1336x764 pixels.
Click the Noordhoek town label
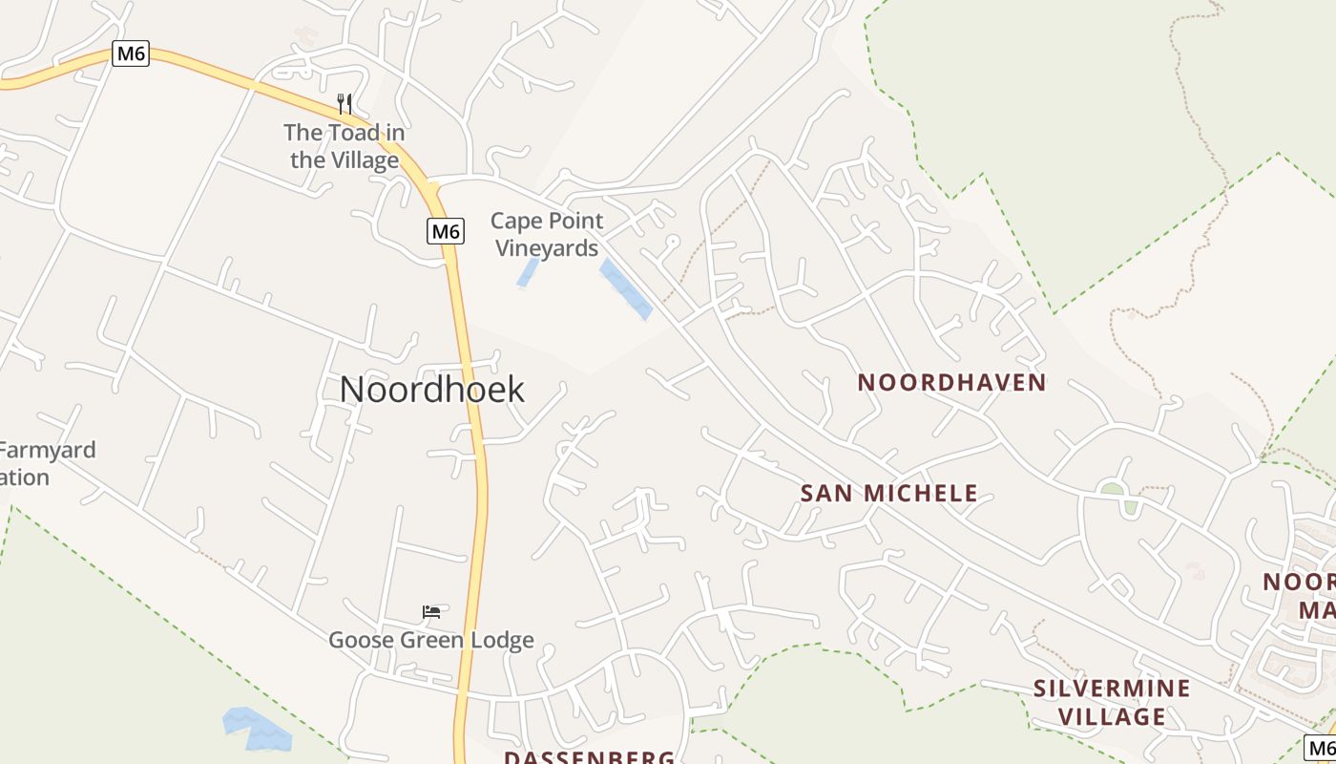431,390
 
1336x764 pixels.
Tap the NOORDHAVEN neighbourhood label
951,383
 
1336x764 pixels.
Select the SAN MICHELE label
888,494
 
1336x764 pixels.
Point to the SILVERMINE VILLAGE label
1113,702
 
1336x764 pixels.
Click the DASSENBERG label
589,757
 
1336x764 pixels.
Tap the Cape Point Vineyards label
547,235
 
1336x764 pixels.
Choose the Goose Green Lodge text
431,640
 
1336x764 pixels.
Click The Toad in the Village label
344,146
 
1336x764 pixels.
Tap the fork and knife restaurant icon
344,103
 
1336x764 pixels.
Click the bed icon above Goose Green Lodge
431,611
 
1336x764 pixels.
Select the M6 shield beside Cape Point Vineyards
445,231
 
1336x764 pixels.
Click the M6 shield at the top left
130,53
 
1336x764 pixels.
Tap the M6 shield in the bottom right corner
1320,748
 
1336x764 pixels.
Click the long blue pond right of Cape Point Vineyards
626,289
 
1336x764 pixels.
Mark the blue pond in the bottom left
256,729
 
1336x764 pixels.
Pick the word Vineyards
547,248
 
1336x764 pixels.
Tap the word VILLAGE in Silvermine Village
1113,716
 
